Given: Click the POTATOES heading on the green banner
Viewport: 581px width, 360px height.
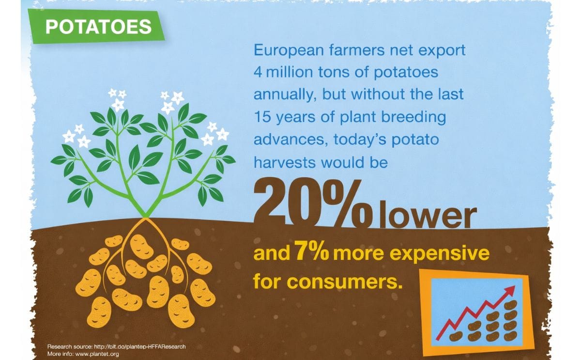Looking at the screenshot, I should pos(98,27).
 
